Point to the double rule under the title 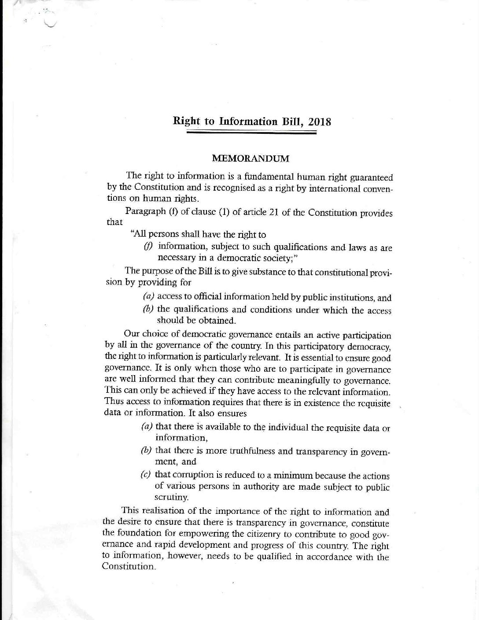click(x=251, y=132)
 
